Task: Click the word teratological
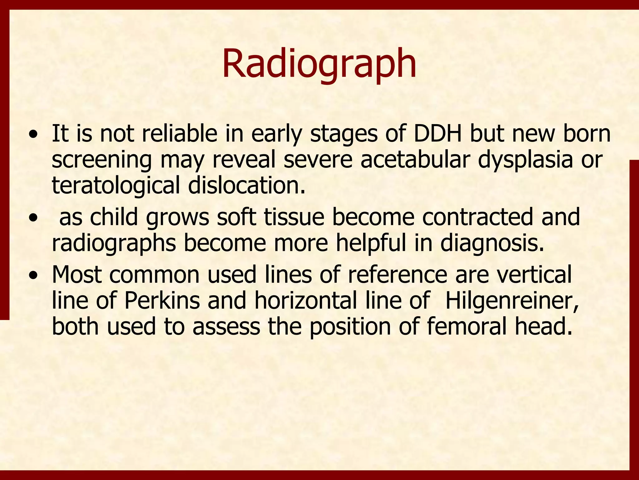pyautogui.click(x=116, y=186)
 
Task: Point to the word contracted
pyautogui.click(x=477, y=217)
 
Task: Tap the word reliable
pyautogui.click(x=179, y=134)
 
